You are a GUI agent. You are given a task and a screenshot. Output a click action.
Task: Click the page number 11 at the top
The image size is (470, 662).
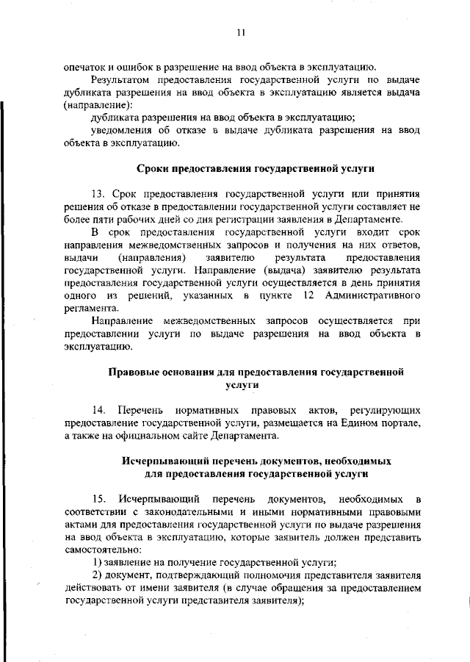(x=240, y=32)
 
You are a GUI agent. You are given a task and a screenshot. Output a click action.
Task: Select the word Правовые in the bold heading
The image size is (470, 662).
(x=131, y=372)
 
